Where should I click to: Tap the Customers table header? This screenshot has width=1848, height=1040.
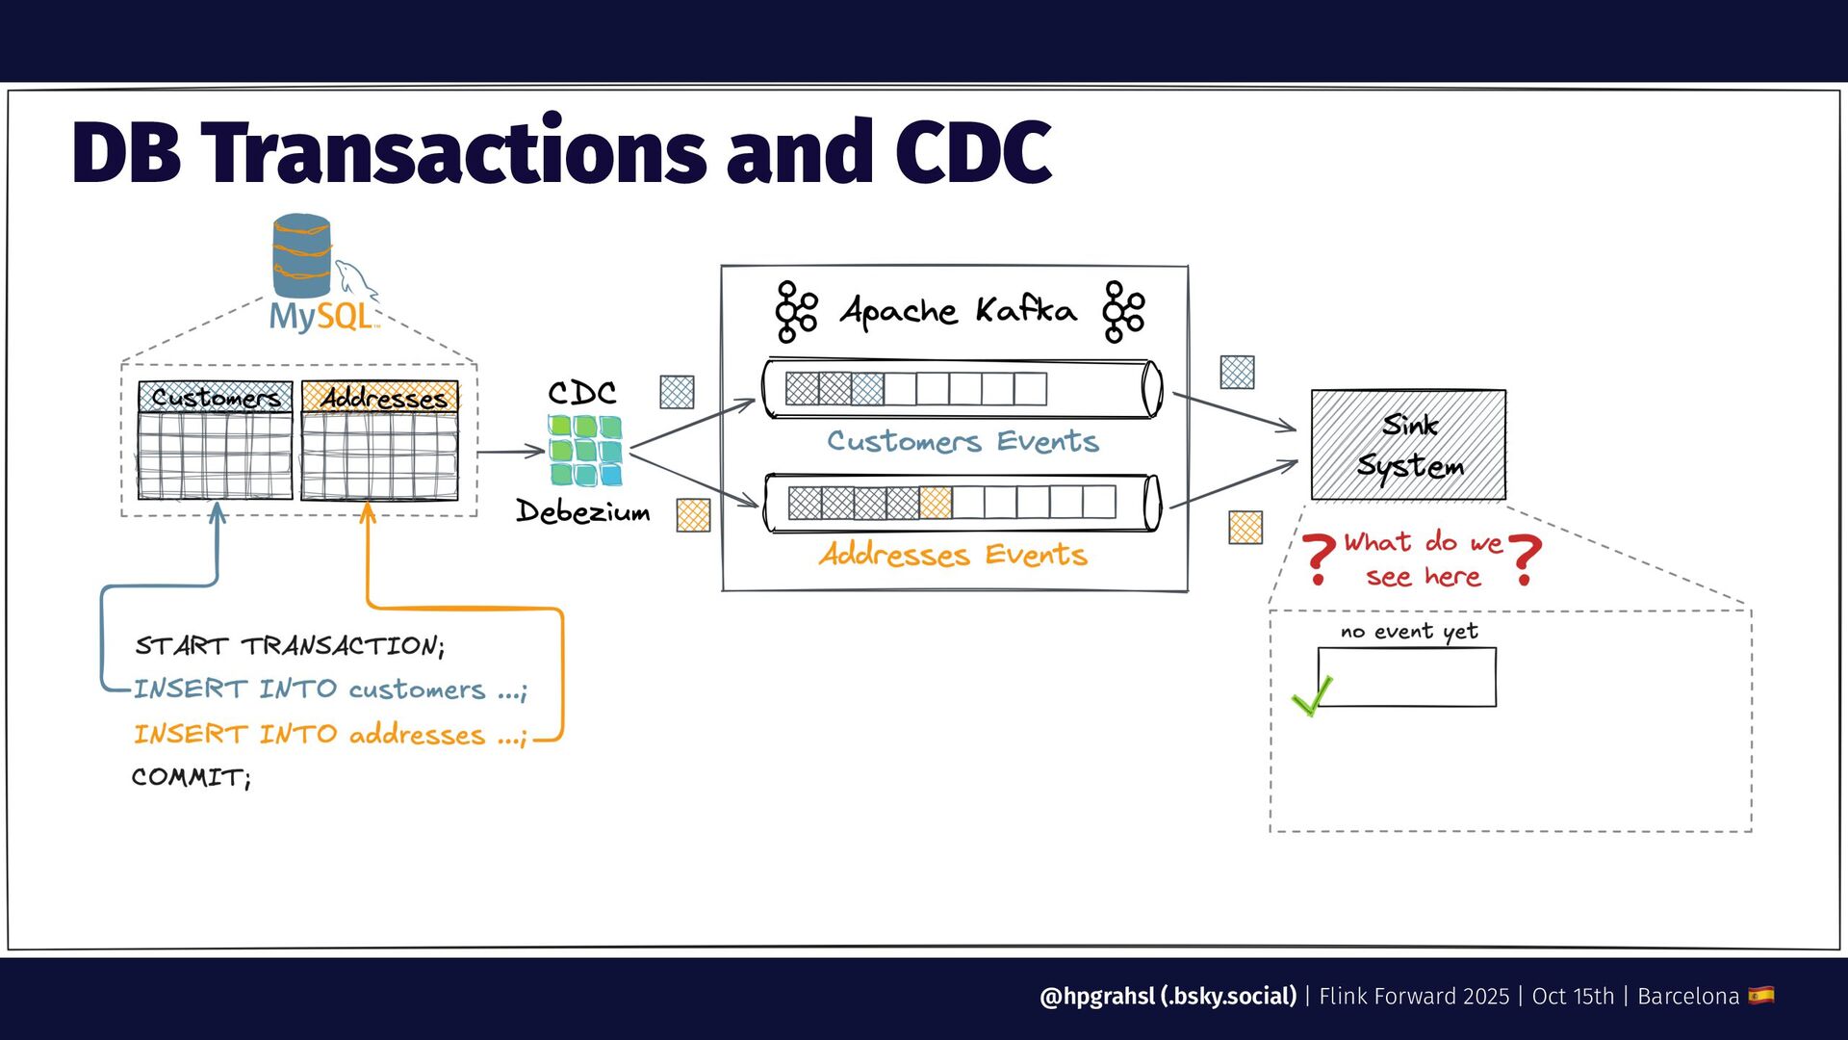(x=215, y=397)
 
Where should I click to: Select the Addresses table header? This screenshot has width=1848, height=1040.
(x=380, y=397)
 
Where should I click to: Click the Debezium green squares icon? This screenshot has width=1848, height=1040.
(x=585, y=451)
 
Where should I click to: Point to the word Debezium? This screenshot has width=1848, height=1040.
(x=583, y=510)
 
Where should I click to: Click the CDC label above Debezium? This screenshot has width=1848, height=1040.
(x=582, y=392)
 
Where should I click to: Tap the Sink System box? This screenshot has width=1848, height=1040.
(x=1408, y=445)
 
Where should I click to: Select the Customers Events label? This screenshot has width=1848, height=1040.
(x=962, y=441)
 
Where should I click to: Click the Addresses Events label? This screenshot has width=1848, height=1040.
(x=953, y=555)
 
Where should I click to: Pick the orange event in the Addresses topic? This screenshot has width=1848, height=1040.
(x=936, y=503)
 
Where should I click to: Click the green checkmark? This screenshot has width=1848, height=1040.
(x=1312, y=695)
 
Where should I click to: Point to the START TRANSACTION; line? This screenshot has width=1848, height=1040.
(x=290, y=645)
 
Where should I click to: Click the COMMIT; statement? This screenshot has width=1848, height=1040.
(x=192, y=777)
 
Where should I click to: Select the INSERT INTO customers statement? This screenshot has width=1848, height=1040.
(x=330, y=689)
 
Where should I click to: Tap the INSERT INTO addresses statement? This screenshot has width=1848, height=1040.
(x=330, y=735)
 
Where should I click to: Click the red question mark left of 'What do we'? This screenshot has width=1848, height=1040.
(x=1319, y=559)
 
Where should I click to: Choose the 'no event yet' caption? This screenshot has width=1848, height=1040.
(x=1409, y=632)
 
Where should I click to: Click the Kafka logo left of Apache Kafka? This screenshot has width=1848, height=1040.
(x=796, y=312)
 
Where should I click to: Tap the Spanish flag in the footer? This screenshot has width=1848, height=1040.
(x=1761, y=995)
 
